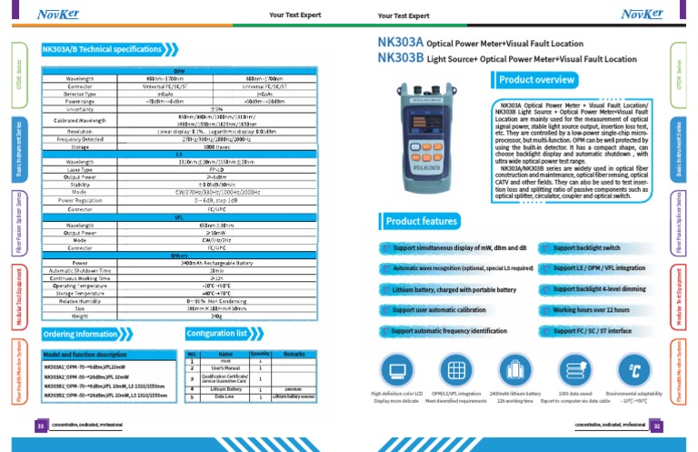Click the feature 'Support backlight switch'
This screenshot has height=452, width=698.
tap(586, 247)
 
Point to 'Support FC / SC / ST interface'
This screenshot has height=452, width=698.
tap(592, 331)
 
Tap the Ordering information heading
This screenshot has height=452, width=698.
tap(80, 334)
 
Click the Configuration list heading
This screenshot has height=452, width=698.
tap(224, 334)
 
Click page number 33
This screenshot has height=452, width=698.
tap(40, 425)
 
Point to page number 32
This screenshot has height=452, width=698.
tap(657, 425)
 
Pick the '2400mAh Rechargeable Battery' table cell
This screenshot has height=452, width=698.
tap(216, 262)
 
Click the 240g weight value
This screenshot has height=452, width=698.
tap(216, 316)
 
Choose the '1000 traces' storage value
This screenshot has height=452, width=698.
tap(216, 146)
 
